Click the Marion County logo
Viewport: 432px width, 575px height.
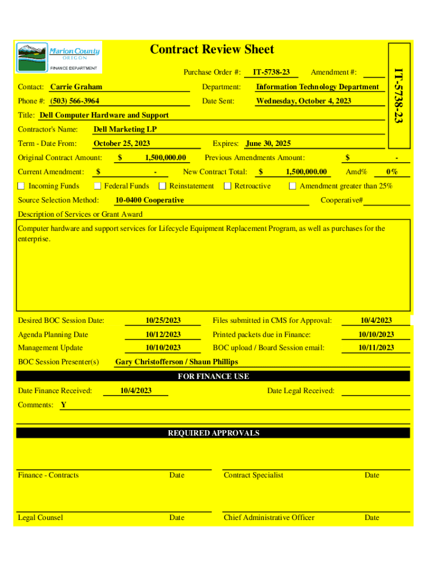pos(58,57)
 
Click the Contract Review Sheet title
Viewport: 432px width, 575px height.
pos(212,50)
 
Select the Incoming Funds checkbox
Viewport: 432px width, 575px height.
pos(21,186)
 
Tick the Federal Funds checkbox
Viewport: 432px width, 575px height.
pos(98,186)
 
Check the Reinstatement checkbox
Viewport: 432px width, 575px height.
pos(163,186)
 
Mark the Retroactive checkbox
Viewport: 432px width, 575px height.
pos(228,186)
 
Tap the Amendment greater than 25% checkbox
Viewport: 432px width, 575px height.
pos(293,186)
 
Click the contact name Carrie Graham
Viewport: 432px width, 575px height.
pos(76,87)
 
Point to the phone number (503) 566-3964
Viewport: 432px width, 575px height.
pos(75,101)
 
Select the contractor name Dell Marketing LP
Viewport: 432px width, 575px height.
pos(125,129)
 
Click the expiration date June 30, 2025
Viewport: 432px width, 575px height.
pos(268,144)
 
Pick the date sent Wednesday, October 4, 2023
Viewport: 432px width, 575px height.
pos(304,101)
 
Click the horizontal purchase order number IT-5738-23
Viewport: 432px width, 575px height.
pos(271,72)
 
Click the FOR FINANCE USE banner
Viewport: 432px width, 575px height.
pos(213,376)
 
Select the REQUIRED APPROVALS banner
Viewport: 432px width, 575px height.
pos(213,433)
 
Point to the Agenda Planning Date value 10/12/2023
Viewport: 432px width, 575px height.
pos(163,335)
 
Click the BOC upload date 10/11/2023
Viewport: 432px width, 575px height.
pos(376,348)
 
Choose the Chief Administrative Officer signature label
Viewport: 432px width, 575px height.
pos(269,517)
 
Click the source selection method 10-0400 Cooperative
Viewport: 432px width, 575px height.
pos(149,200)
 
